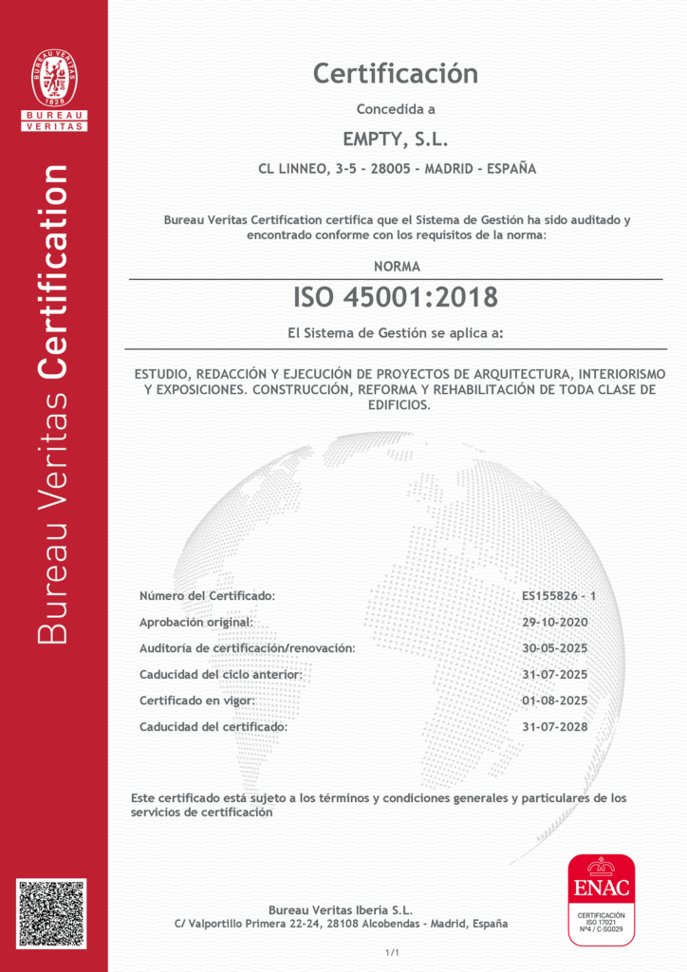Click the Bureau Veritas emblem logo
[x=54, y=79]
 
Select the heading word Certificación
[x=396, y=73]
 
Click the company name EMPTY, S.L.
[x=395, y=140]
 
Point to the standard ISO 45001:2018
[x=396, y=297]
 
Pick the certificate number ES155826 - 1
[x=559, y=596]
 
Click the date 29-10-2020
[x=555, y=622]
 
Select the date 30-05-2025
[x=555, y=648]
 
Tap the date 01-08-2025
[x=555, y=701]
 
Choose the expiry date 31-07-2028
[x=555, y=727]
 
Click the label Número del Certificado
[x=207, y=596]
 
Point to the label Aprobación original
[x=196, y=622]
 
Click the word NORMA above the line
[x=397, y=267]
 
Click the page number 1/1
[x=392, y=952]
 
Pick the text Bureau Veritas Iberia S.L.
[x=341, y=909]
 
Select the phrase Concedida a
[x=396, y=109]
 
